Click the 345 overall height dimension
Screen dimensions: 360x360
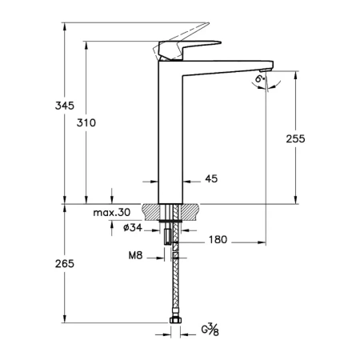pos(65,106)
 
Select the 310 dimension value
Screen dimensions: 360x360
pos(86,122)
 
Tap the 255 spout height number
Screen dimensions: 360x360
pos(295,138)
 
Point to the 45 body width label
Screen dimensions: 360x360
pos(211,178)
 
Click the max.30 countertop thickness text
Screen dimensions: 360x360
pos(112,213)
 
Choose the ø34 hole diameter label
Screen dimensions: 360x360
pos(133,227)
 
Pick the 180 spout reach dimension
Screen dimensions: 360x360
pos(218,239)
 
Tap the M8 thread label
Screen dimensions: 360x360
pos(135,255)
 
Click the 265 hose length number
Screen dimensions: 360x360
pos(65,264)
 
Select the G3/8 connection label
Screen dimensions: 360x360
pos(210,330)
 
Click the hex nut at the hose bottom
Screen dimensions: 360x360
pos(175,320)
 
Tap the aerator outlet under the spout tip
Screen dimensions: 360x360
pos(266,70)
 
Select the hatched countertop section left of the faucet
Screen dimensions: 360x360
pos(150,212)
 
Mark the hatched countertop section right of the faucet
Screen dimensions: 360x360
pos(190,212)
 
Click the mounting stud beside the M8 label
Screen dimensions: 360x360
pos(167,237)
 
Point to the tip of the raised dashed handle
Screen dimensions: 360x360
pos(208,23)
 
